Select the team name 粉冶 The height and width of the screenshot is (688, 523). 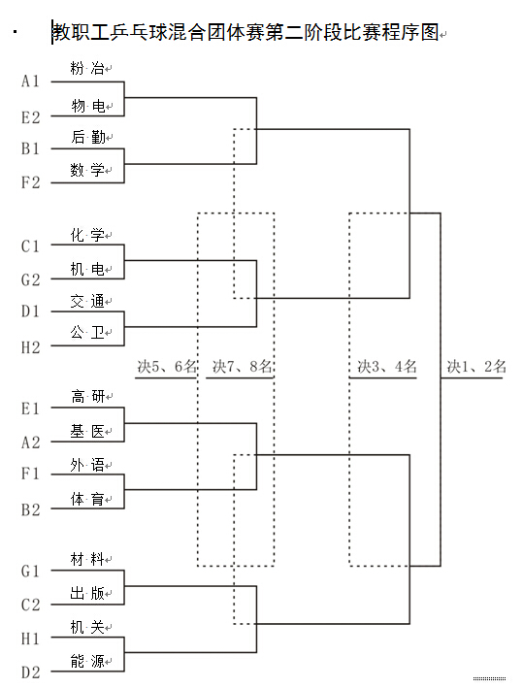(87, 69)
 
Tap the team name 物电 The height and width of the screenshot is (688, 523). (87, 105)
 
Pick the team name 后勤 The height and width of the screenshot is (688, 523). (87, 137)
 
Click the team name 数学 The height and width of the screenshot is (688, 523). (87, 171)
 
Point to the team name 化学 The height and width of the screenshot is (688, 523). (87, 235)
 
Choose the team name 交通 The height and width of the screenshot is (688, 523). (87, 301)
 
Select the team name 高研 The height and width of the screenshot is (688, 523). (87, 396)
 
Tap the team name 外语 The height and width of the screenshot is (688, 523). (87, 464)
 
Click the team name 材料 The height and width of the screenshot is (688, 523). (87, 560)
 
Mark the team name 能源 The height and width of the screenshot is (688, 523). (87, 661)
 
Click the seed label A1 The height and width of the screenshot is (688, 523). (31, 82)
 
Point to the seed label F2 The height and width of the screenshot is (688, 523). (31, 181)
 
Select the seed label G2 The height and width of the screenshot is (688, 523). (31, 279)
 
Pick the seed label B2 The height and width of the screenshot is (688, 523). (31, 508)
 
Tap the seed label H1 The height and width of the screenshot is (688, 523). (31, 639)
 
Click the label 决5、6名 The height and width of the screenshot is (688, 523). (166, 367)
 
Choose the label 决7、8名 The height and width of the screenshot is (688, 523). (242, 367)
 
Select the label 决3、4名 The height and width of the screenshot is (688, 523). (385, 367)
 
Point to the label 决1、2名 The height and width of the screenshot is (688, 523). (475, 367)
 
